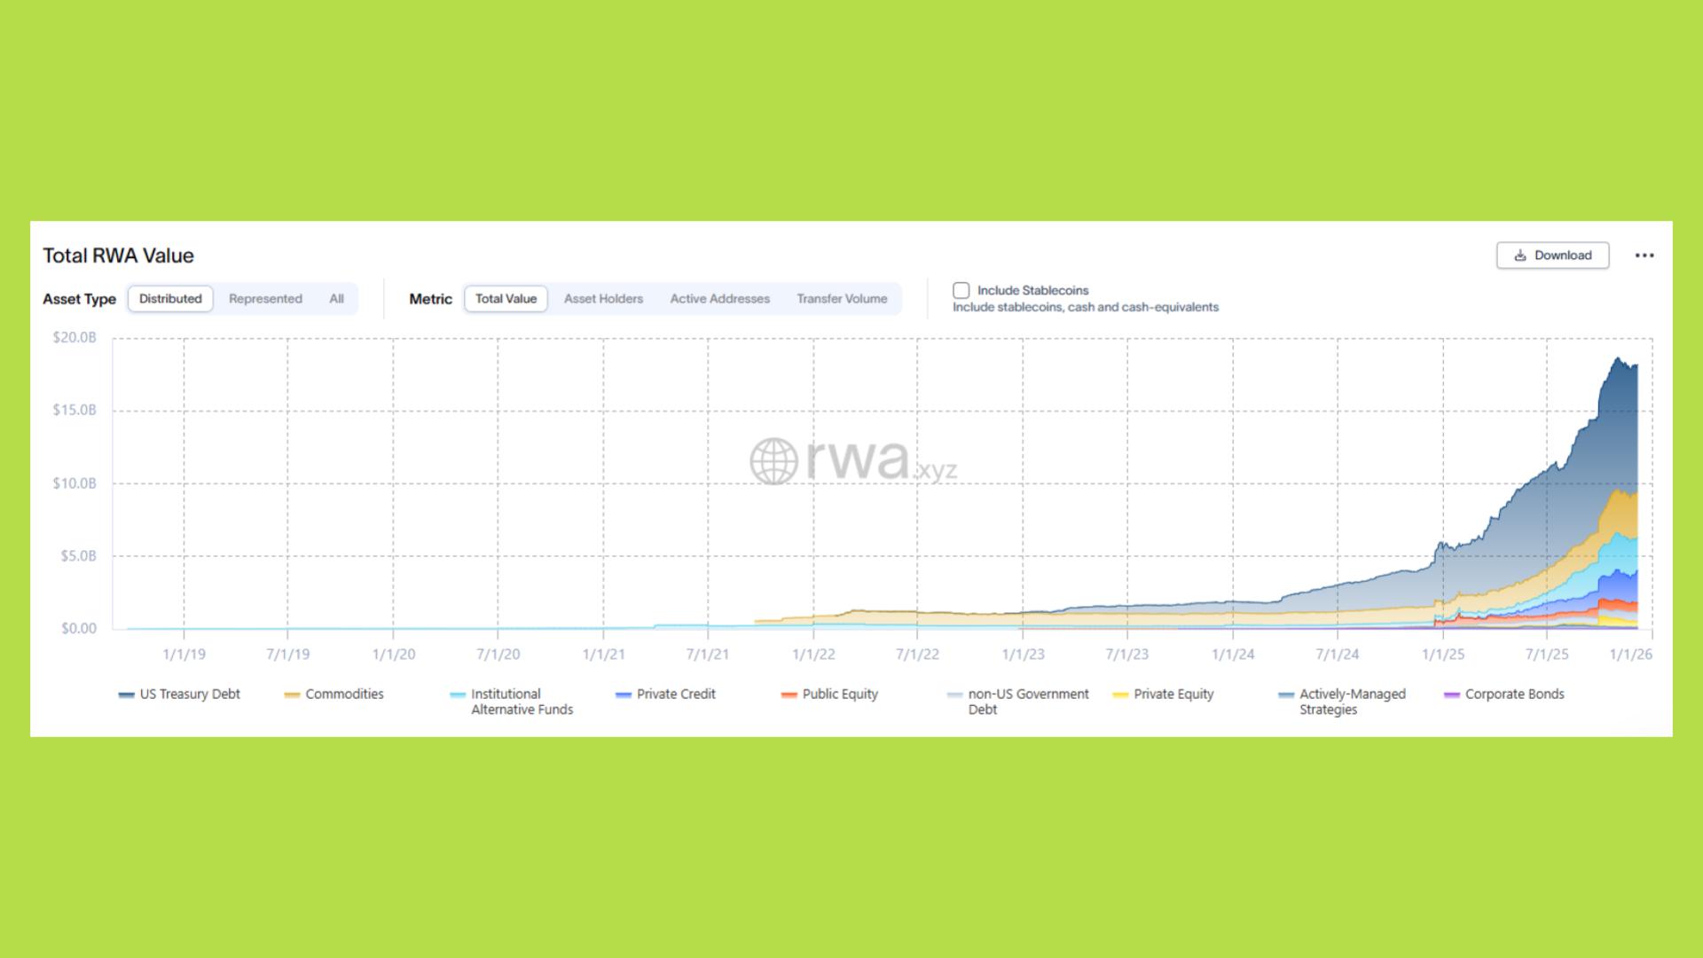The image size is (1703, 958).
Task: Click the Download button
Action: pyautogui.click(x=1552, y=255)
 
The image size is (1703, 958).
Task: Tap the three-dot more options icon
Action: pyautogui.click(x=1644, y=255)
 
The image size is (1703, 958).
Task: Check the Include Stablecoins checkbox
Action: pyautogui.click(x=961, y=290)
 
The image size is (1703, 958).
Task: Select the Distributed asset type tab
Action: pyautogui.click(x=170, y=299)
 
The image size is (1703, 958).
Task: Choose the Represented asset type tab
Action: pyautogui.click(x=265, y=299)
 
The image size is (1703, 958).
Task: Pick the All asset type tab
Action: pyautogui.click(x=336, y=299)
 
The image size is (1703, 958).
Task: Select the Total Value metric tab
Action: pyautogui.click(x=506, y=299)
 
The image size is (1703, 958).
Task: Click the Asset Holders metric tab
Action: pyautogui.click(x=603, y=299)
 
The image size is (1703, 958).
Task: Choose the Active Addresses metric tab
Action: pyautogui.click(x=719, y=299)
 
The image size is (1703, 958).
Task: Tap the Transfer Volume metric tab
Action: pyautogui.click(x=842, y=299)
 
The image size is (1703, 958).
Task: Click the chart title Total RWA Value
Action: pyautogui.click(x=118, y=255)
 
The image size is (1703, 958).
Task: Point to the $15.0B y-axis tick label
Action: pyautogui.click(x=75, y=410)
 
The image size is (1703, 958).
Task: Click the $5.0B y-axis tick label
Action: pyautogui.click(x=78, y=556)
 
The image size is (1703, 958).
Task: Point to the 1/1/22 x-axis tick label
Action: pyautogui.click(x=813, y=655)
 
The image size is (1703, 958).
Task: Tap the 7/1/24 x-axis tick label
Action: pyautogui.click(x=1337, y=655)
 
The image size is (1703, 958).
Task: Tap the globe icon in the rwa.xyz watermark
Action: pyautogui.click(x=773, y=461)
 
